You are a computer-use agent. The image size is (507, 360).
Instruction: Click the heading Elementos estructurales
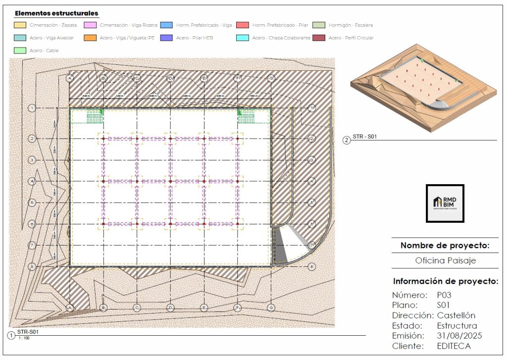tap(56, 13)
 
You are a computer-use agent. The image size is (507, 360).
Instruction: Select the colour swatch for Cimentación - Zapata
tap(20, 25)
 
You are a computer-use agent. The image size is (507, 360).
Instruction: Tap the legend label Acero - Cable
tap(44, 51)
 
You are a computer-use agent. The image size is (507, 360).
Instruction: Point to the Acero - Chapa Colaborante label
tap(281, 38)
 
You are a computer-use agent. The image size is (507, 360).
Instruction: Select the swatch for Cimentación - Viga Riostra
tap(90, 25)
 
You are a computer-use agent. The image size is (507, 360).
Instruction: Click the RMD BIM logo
tap(445, 203)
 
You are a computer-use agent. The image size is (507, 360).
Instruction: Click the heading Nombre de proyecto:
tap(445, 245)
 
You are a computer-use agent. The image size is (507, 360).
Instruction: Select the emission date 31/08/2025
tap(459, 336)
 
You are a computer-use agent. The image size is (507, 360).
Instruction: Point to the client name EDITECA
tap(454, 346)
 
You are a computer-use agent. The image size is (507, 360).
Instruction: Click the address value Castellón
tap(456, 315)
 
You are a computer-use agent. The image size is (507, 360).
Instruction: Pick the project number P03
tap(445, 295)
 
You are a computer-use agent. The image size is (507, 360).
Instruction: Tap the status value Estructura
tap(457, 326)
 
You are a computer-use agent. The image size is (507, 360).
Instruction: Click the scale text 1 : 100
tap(23, 338)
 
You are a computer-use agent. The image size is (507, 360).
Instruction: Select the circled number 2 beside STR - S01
tap(346, 140)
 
